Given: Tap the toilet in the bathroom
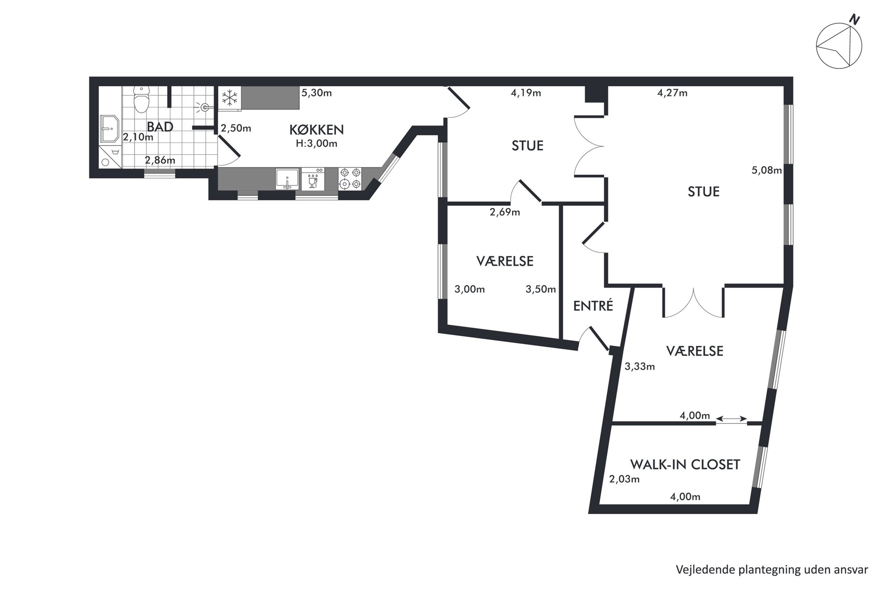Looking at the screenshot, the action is (142, 99).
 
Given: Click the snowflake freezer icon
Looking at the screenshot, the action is (230, 97).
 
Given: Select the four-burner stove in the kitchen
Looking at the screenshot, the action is (350, 178).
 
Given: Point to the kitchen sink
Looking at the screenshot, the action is (287, 179).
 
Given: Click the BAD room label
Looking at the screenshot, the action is (160, 127).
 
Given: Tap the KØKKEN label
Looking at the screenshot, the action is (317, 130).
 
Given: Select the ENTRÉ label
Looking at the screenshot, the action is (593, 306).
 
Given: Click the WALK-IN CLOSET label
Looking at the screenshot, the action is (685, 465).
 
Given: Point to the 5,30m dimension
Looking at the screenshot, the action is (317, 93).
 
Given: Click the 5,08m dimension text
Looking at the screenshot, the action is (767, 170).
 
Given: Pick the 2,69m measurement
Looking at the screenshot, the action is (505, 212).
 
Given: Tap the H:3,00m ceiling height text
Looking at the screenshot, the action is (317, 144).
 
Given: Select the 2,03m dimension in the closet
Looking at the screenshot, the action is (624, 479).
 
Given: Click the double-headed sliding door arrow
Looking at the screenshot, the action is (731, 419).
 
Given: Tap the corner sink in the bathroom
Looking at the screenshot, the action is (109, 129).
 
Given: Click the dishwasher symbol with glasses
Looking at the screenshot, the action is (313, 179).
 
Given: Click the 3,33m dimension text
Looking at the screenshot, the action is (639, 367).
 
